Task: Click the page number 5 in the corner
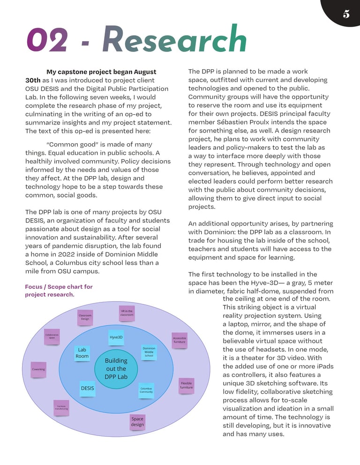coord(346,14)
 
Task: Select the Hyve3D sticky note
coord(116,337)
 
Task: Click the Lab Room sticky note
coord(82,353)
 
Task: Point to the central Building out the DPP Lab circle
coord(116,369)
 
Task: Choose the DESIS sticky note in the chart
coord(88,388)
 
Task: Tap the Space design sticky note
coord(137,421)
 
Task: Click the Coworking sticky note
coord(38,369)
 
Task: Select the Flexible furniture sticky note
coord(186,385)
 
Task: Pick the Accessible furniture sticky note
coord(180,340)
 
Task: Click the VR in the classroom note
coord(127,313)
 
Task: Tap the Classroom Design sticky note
coord(85,317)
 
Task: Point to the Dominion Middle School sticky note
coord(149,352)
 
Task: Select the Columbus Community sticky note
coord(146,390)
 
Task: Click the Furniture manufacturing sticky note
coord(61,407)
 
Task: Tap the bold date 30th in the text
coord(33,80)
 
